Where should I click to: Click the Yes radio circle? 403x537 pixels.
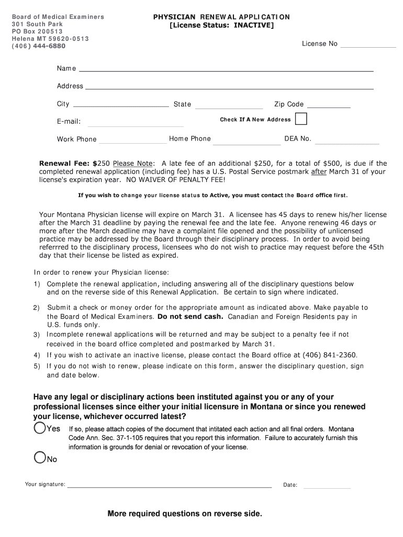40,428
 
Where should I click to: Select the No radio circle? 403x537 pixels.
40,457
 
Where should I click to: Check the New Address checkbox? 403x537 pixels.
301,119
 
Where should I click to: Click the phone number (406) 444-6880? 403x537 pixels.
39,46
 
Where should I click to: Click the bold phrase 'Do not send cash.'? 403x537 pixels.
191,317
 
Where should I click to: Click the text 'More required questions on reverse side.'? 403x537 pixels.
185,513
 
